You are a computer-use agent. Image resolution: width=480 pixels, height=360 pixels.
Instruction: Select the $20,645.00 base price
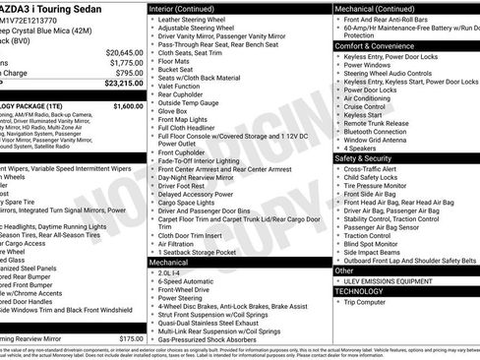point(124,52)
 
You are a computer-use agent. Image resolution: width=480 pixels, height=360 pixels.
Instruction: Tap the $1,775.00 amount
point(126,62)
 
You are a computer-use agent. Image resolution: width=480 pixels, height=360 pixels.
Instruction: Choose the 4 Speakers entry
point(364,147)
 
